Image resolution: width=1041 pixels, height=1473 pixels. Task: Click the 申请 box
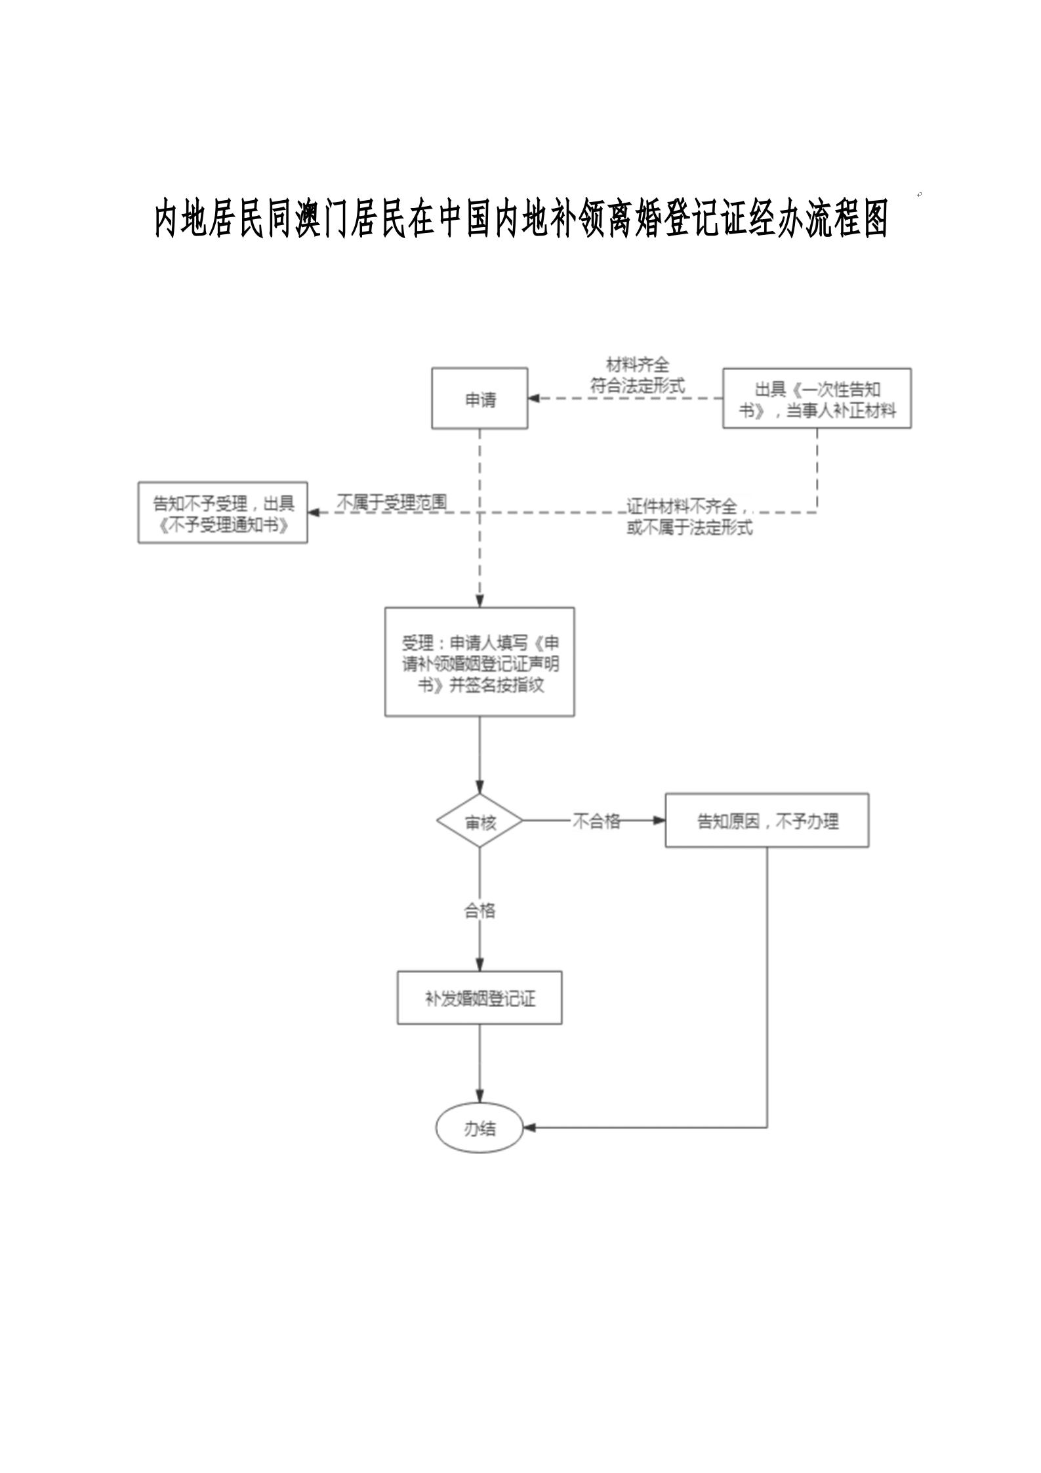pyautogui.click(x=480, y=398)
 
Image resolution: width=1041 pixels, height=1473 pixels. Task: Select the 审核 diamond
pyautogui.click(x=480, y=821)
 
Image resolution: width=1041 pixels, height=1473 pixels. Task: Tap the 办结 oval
pyautogui.click(x=480, y=1128)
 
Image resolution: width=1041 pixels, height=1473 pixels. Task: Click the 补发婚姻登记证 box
pyautogui.click(x=480, y=998)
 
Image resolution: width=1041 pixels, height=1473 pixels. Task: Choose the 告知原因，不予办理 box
pyautogui.click(x=767, y=820)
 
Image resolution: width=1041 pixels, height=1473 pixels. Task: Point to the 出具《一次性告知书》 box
pyautogui.click(x=817, y=398)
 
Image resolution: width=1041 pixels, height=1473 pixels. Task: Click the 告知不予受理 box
pyautogui.click(x=222, y=513)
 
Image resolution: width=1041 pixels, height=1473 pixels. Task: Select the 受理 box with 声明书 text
pyautogui.click(x=480, y=661)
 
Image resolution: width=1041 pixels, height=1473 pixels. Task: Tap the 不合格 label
pyautogui.click(x=596, y=821)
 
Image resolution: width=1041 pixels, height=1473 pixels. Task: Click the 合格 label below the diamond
pyautogui.click(x=480, y=911)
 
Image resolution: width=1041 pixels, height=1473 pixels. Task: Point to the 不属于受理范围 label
pyautogui.click(x=392, y=503)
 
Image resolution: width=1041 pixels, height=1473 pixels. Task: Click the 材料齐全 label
pyautogui.click(x=637, y=365)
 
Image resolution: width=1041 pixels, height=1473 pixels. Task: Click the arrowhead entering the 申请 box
pyautogui.click(x=534, y=398)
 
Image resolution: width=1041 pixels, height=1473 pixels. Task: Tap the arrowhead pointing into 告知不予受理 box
pyautogui.click(x=314, y=512)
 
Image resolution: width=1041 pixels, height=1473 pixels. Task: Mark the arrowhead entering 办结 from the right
pyautogui.click(x=529, y=1128)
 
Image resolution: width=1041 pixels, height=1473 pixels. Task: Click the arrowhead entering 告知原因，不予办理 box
pyautogui.click(x=659, y=820)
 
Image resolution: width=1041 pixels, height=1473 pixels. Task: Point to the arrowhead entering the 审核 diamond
pyautogui.click(x=480, y=788)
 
